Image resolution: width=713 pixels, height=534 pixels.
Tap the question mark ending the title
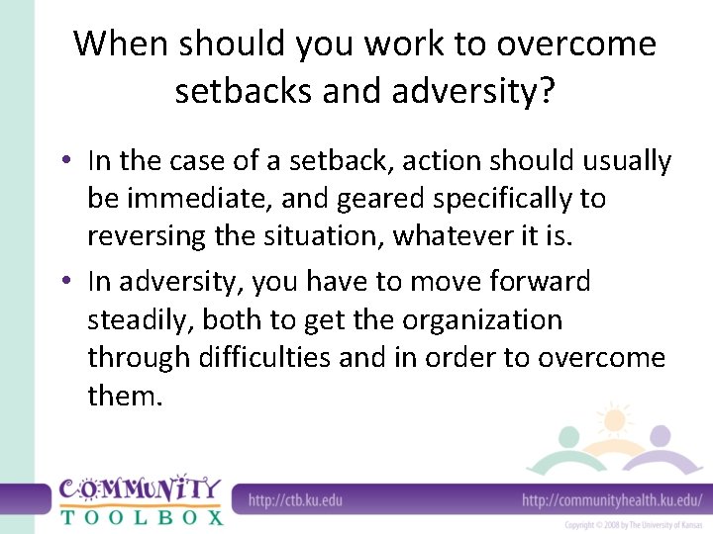tap(545, 92)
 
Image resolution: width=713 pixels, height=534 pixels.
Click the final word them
tap(123, 397)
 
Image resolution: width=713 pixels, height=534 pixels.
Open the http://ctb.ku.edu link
tap(294, 498)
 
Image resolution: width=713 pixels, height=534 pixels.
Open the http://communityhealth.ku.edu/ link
tap(611, 498)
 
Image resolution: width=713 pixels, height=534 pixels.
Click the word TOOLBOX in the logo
tap(142, 516)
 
